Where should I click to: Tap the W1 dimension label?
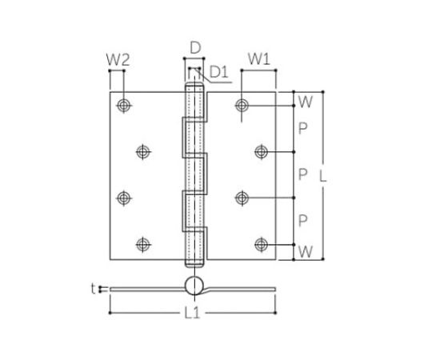[x=256, y=58]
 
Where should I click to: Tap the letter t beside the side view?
[x=94, y=287]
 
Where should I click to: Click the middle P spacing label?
[x=302, y=174]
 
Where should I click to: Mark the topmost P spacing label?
[x=302, y=128]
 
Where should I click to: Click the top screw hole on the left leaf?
[x=124, y=105]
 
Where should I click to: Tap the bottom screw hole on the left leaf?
[x=142, y=244]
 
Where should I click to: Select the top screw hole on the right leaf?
[x=242, y=105]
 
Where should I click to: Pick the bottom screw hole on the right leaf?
[x=261, y=244]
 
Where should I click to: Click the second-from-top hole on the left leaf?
[x=142, y=151]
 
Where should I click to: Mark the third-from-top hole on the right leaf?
[x=242, y=198]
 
